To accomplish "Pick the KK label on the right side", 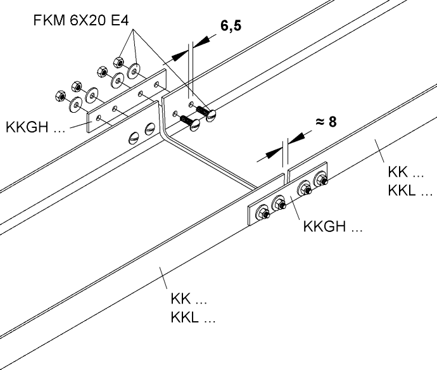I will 400,173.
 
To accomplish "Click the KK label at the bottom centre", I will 189,300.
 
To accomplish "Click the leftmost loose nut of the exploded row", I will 60,96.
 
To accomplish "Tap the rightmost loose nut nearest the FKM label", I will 118,62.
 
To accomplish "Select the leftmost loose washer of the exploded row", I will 76,105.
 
